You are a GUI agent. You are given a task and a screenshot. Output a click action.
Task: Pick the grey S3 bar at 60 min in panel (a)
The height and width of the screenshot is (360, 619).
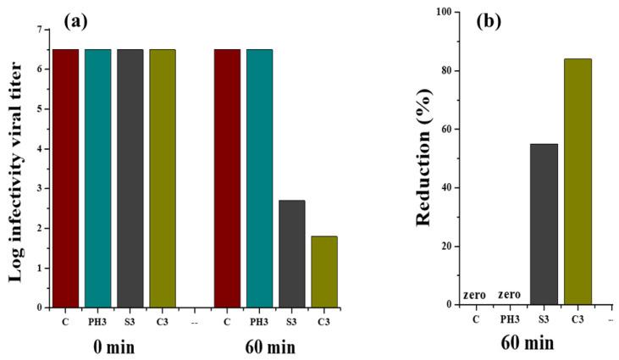point(291,254)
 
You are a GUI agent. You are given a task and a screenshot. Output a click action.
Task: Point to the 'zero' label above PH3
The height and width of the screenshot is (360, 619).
point(510,296)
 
